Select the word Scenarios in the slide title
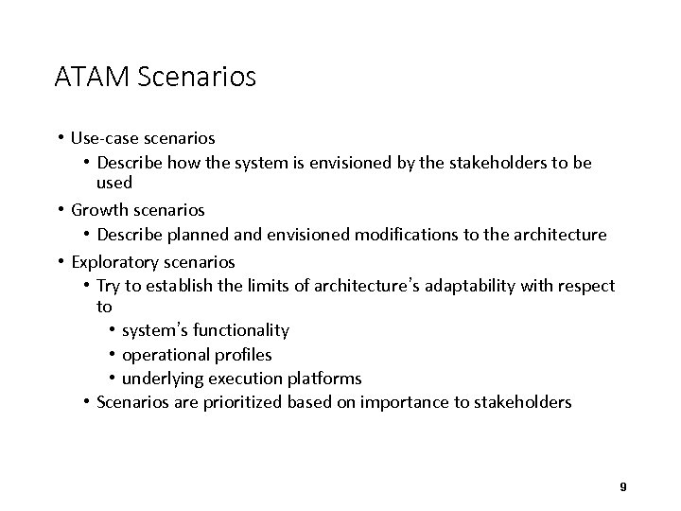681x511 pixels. tap(197, 77)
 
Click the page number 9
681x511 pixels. tap(622, 486)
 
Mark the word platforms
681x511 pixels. tap(326, 379)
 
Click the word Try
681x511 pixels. tap(110, 286)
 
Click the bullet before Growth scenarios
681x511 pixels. tap(60, 208)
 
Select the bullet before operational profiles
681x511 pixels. tap(113, 355)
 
